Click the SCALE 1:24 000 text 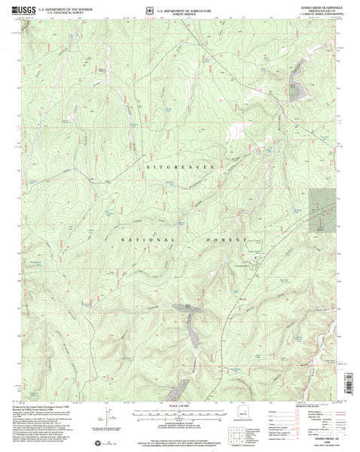pyautogui.click(x=179, y=408)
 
